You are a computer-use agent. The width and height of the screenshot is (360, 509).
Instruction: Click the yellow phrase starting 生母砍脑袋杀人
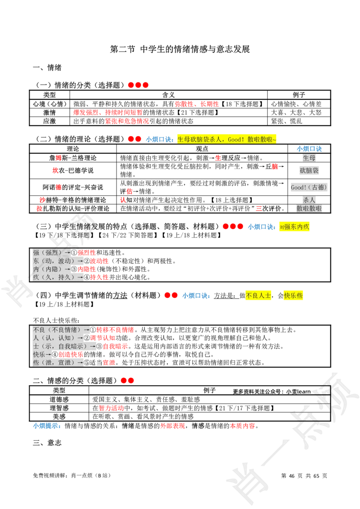tap(226, 139)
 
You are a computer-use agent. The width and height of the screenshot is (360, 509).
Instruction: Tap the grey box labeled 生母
tap(309, 158)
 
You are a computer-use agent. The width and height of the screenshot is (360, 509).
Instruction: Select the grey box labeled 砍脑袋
tap(309, 171)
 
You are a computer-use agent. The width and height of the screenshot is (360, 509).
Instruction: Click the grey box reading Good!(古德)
tap(308, 187)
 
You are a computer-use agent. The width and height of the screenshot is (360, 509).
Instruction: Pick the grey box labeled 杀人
tap(309, 200)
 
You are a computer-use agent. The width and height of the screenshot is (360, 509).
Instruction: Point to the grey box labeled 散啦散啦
tap(309, 209)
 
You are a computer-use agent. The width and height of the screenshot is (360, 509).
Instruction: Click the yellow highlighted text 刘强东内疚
tap(294, 227)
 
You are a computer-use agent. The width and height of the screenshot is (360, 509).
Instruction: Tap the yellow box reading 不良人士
tap(259, 295)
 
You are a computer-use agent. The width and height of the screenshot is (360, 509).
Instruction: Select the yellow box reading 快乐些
tap(293, 295)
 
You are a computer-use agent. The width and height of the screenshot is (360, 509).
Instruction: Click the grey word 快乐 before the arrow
tap(39, 354)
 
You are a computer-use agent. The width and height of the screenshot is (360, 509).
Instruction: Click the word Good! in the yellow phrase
tap(236, 139)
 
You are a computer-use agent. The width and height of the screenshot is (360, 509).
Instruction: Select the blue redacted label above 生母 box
tap(309, 149)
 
